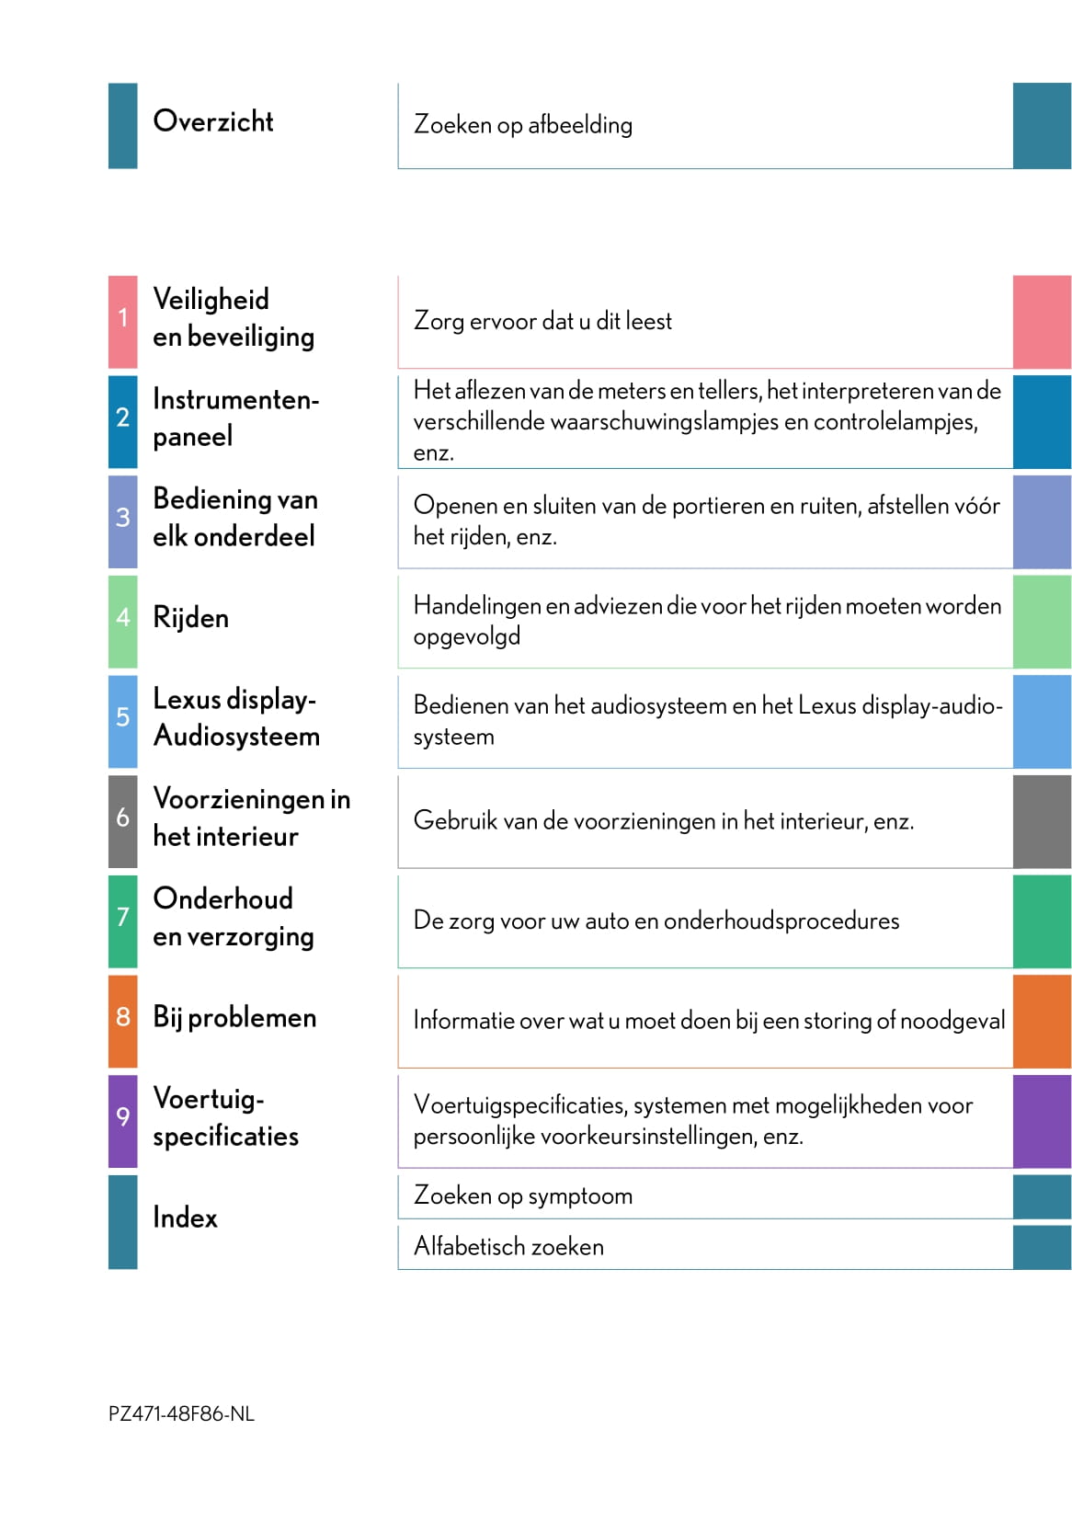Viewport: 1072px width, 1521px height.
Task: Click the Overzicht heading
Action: coord(212,121)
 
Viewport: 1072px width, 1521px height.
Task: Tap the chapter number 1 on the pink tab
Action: coord(122,318)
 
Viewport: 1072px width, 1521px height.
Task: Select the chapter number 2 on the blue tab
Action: coord(122,417)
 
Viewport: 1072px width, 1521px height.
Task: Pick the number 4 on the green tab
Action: coord(122,617)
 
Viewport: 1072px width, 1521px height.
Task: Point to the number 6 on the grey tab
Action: coord(122,817)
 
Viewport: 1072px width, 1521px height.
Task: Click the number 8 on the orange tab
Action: coord(122,1016)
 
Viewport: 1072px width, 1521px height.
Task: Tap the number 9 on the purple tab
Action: coord(122,1116)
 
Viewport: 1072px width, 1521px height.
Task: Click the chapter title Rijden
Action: coord(190,618)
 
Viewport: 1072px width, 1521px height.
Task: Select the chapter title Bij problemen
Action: coord(234,1017)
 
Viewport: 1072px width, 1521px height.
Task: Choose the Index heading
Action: coord(185,1218)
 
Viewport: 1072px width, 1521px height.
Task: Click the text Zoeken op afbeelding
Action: coord(523,125)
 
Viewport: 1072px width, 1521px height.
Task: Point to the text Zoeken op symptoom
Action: coord(523,1195)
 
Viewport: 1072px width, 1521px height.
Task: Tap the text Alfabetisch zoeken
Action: coord(508,1247)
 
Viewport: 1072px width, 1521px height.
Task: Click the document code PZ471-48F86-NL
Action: coord(181,1414)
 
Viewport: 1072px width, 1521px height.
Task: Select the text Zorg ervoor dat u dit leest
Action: coord(542,321)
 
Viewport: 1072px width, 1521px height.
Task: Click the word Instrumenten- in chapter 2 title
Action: coord(235,399)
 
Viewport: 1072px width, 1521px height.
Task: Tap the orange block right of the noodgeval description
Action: coord(1042,1021)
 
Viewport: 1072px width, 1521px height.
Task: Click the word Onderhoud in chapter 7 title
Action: coord(222,898)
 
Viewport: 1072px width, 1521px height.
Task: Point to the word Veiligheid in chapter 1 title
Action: coord(211,300)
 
